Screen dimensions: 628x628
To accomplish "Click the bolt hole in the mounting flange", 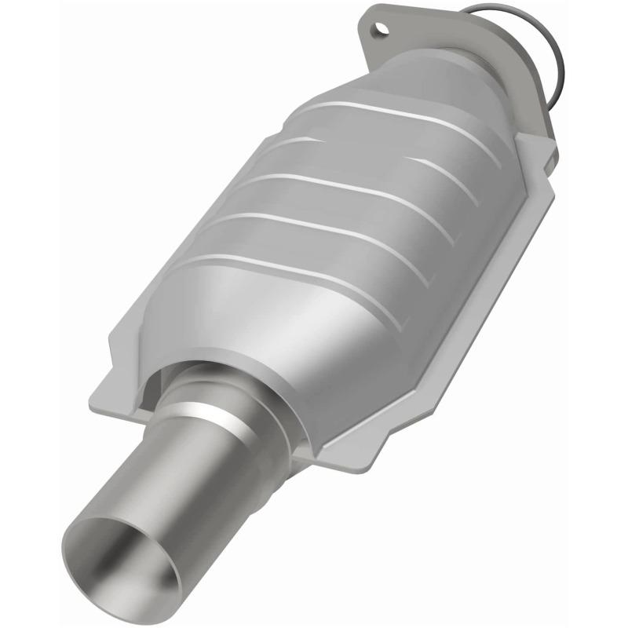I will tap(382, 30).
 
